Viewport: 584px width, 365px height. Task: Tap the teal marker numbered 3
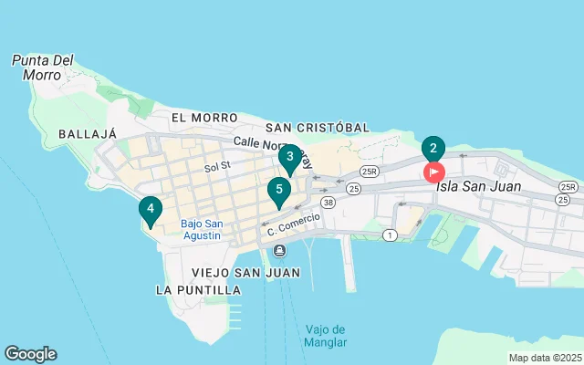290,157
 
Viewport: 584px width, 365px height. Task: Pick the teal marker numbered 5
278,190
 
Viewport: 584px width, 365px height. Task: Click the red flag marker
433,171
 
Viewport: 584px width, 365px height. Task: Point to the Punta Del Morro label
42,68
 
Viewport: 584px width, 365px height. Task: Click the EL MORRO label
203,118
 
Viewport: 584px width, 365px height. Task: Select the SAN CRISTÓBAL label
318,128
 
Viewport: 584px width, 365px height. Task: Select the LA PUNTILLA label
198,289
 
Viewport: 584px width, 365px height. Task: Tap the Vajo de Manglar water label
326,336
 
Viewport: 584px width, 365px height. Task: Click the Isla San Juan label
478,186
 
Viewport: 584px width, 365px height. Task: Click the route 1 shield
391,235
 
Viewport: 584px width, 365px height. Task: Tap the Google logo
30,354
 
